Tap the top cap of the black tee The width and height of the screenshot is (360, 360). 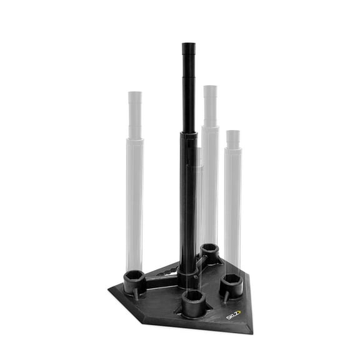[x=187, y=46]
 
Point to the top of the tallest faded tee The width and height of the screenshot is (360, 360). [x=210, y=88]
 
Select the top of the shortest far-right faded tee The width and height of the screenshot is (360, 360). [x=233, y=133]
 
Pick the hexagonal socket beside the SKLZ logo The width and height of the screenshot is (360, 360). [x=230, y=282]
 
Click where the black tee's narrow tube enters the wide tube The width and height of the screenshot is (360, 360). [x=187, y=132]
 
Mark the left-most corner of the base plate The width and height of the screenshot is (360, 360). [x=109, y=288]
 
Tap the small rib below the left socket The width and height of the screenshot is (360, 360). [x=133, y=292]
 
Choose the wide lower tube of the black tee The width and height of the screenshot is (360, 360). [x=187, y=200]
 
